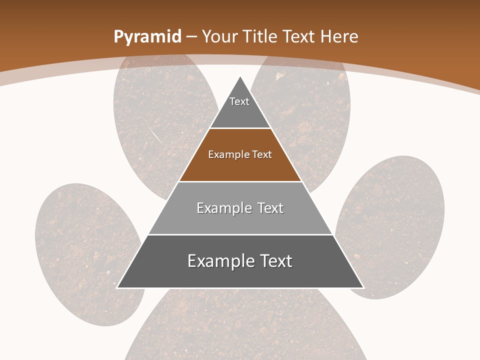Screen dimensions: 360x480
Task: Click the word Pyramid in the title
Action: point(147,36)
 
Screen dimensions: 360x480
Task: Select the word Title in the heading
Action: point(260,36)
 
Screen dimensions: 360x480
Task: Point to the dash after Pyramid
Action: point(191,37)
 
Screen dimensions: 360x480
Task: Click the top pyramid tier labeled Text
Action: point(239,107)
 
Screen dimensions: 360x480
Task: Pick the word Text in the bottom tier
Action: point(273,261)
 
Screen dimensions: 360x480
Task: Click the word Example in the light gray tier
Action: point(219,208)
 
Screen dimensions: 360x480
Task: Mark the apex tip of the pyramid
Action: point(240,77)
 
